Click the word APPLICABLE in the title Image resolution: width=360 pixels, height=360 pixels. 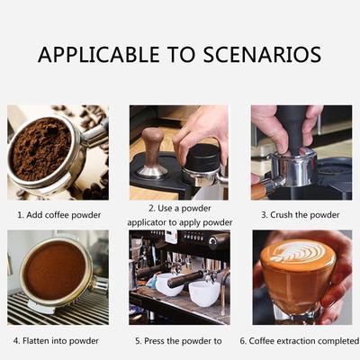[x=98, y=55]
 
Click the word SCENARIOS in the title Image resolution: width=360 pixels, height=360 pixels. [x=262, y=55]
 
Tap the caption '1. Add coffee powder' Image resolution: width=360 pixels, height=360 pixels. [x=59, y=215]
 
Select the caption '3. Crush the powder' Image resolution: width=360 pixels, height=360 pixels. [x=301, y=215]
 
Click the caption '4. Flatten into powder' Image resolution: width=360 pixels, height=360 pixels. [x=56, y=341]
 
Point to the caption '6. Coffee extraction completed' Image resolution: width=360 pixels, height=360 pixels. [x=300, y=341]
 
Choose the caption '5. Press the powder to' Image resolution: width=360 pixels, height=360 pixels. [x=178, y=341]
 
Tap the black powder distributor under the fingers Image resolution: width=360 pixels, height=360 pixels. [x=202, y=157]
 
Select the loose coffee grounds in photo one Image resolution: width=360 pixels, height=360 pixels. [x=41, y=148]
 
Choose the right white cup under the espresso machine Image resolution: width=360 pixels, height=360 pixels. [x=204, y=293]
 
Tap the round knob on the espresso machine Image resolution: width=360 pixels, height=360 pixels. [x=214, y=240]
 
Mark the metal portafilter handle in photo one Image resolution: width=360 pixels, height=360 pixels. [x=95, y=134]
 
